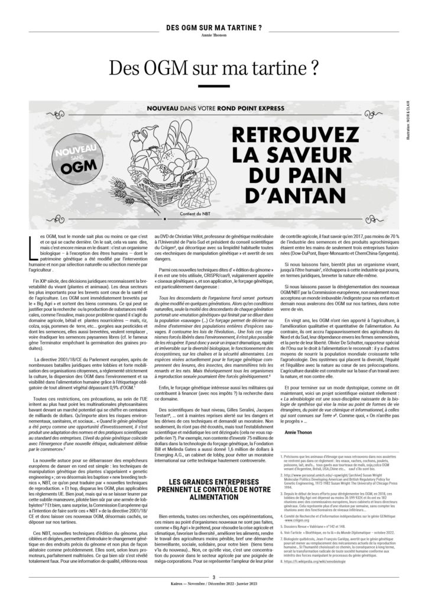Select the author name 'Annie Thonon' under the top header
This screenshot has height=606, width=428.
(x=213, y=34)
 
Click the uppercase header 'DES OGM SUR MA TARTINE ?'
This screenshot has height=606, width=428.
(x=213, y=28)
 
